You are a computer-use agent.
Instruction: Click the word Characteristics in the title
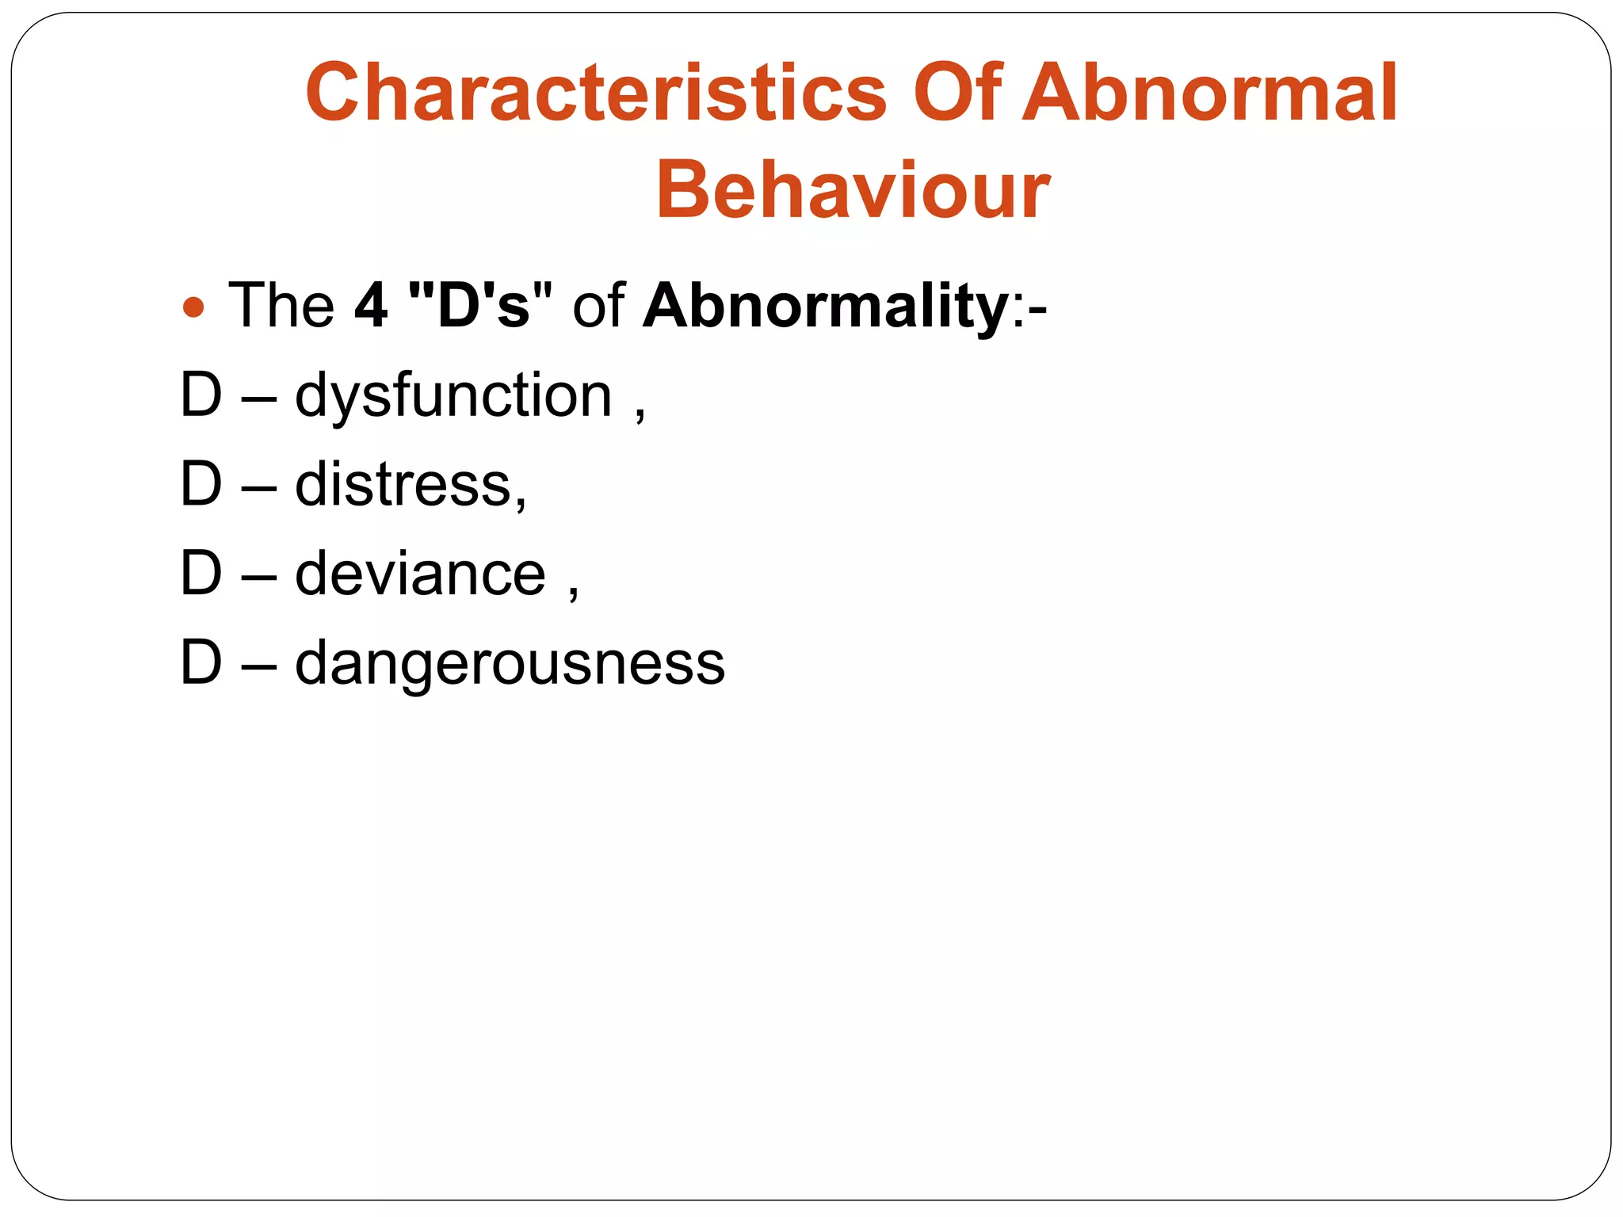pyautogui.click(x=596, y=93)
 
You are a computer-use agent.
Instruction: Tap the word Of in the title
pyautogui.click(x=957, y=93)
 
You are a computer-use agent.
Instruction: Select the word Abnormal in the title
pyautogui.click(x=1209, y=93)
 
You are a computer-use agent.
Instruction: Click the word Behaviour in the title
pyautogui.click(x=853, y=191)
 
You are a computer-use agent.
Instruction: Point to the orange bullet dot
pyautogui.click(x=193, y=307)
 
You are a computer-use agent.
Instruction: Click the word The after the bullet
pyautogui.click(x=281, y=306)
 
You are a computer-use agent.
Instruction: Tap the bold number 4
pyautogui.click(x=371, y=306)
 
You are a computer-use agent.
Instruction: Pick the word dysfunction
pyautogui.click(x=454, y=396)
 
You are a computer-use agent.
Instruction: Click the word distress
pyautogui.click(x=403, y=485)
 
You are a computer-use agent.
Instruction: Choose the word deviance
pyautogui.click(x=421, y=574)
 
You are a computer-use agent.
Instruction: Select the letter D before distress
pyautogui.click(x=200, y=484)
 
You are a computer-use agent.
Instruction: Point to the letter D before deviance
pyautogui.click(x=200, y=574)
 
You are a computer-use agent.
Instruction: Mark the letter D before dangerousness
pyautogui.click(x=200, y=663)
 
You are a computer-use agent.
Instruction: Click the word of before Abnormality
pyautogui.click(x=598, y=306)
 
